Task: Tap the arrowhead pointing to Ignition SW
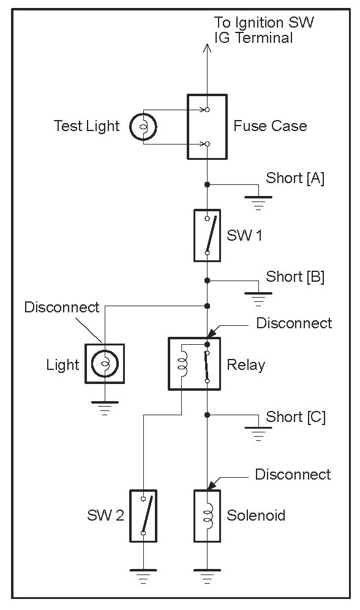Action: pos(207,47)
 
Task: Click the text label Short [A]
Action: pos(295,178)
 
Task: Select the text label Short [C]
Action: pos(296,417)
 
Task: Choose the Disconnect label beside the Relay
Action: pos(294,323)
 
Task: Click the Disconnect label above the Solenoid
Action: pos(293,474)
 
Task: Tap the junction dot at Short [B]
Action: pos(207,281)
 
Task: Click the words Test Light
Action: pos(87,126)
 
